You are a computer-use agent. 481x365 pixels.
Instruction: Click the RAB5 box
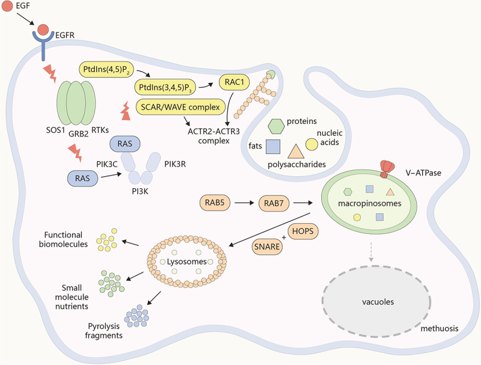pos(215,203)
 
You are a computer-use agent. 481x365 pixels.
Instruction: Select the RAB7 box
pos(274,203)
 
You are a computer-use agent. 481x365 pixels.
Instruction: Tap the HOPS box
pos(303,231)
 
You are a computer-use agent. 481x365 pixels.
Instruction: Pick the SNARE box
pos(267,247)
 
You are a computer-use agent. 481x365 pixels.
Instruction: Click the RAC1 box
pos(234,82)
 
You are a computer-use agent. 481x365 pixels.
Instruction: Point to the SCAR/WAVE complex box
pos(180,107)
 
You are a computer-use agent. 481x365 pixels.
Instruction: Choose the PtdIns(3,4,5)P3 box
pos(165,87)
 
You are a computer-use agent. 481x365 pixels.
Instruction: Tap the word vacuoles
pos(378,302)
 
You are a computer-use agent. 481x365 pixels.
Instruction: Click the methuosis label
pos(440,328)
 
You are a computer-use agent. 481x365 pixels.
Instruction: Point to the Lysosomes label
pos(186,262)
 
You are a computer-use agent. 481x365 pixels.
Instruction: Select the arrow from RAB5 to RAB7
pos(245,203)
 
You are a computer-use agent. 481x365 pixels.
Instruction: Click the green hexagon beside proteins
pos(276,126)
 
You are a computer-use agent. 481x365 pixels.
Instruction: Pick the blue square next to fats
pos(273,147)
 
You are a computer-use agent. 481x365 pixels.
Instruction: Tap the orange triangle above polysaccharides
pos(296,152)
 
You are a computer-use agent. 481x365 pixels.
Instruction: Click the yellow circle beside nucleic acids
pos(311,145)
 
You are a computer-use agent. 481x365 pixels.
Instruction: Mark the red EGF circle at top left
pos(7,6)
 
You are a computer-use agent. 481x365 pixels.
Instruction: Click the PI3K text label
pos(140,191)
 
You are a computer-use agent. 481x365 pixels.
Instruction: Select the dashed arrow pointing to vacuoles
pos(371,252)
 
